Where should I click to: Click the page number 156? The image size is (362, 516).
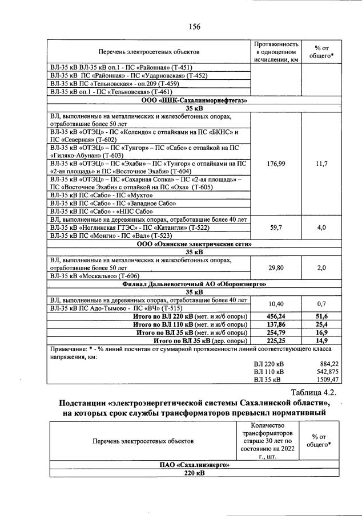coord(194,26)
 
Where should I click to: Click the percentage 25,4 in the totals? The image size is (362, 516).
coord(321,324)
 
